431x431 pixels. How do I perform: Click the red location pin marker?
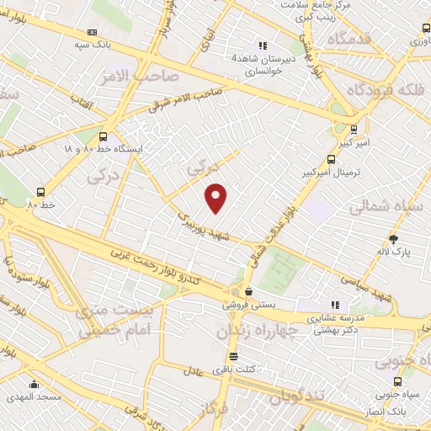click(x=216, y=198)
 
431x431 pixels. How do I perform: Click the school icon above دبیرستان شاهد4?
click(x=263, y=45)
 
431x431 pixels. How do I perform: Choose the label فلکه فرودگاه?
click(x=386, y=90)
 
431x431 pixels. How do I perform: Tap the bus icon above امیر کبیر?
click(x=353, y=130)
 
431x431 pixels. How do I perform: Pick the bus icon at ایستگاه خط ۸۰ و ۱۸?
click(x=104, y=136)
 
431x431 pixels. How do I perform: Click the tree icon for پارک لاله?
click(x=393, y=239)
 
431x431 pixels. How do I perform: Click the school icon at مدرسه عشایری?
click(x=334, y=305)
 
